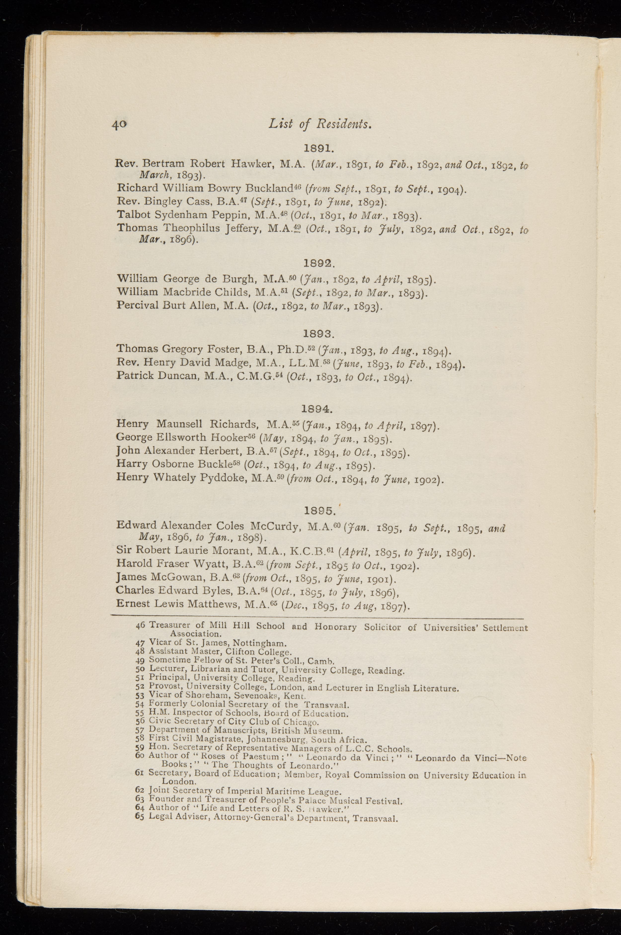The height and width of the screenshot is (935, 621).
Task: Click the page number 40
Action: coord(118,124)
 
